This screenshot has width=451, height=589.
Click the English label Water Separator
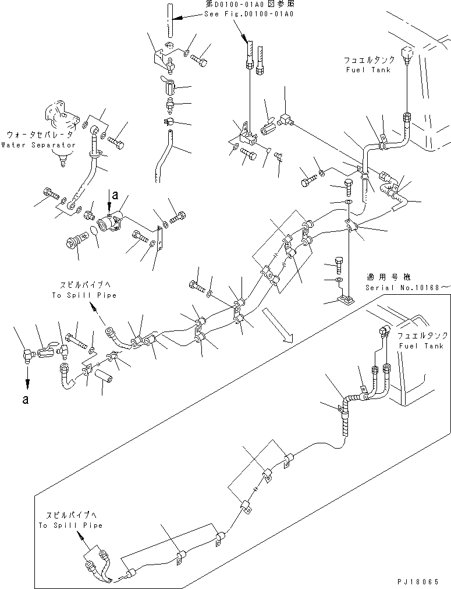pyautogui.click(x=38, y=144)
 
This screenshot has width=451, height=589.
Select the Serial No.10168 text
pyautogui.click(x=407, y=287)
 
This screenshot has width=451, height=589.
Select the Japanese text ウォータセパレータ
pyautogui.click(x=38, y=135)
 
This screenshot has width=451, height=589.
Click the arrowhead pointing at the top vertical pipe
pyautogui.click(x=179, y=19)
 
